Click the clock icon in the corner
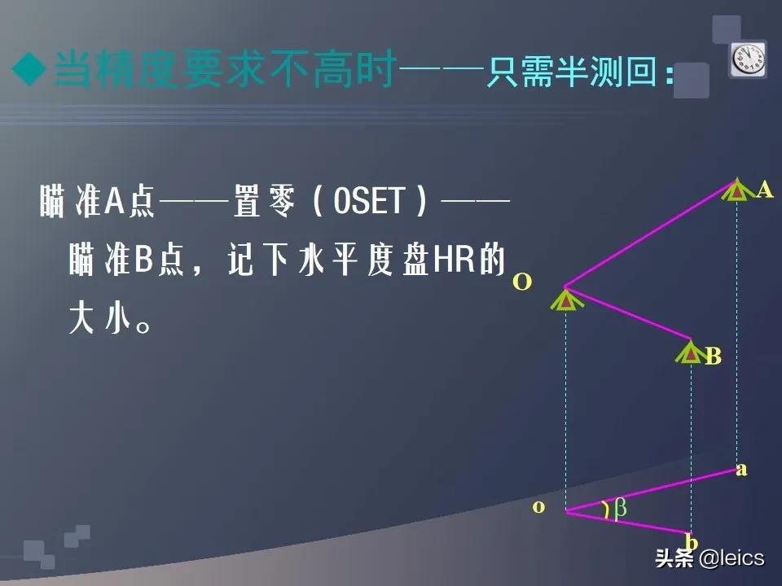click(747, 60)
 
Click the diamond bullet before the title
click(31, 72)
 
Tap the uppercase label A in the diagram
click(764, 190)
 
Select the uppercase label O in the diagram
click(522, 282)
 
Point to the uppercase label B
click(713, 356)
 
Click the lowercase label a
click(741, 469)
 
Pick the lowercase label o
click(538, 506)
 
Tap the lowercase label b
click(692, 542)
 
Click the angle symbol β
click(620, 509)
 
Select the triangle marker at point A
click(736, 190)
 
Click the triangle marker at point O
click(565, 300)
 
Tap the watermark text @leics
click(731, 558)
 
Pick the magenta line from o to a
click(652, 491)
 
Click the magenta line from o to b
click(627, 523)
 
